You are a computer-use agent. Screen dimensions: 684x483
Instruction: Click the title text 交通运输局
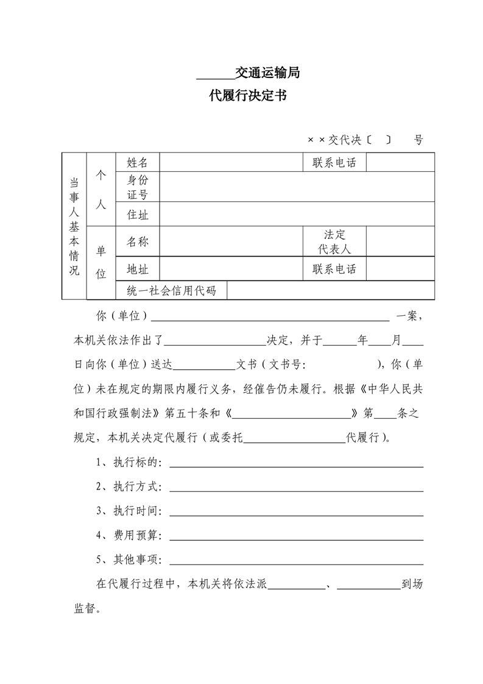pos(268,74)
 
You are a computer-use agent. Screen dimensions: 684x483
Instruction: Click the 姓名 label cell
pos(138,163)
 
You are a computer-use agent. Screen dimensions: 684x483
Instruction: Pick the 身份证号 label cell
pos(138,187)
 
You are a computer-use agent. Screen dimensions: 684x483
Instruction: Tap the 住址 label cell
pos(138,215)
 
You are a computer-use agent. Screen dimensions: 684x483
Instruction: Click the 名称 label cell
pos(138,241)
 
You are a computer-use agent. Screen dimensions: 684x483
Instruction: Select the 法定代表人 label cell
pos(335,242)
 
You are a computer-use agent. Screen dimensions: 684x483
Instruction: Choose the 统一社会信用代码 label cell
pos(171,290)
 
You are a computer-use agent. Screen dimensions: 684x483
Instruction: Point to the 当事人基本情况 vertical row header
pos(74,226)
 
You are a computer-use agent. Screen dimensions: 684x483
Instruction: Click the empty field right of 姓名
pos(231,163)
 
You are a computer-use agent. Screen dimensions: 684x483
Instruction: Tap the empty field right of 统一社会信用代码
pos(330,290)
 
